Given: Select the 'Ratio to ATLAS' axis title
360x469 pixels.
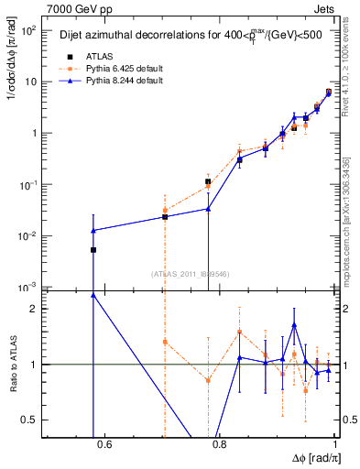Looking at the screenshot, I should point(12,364).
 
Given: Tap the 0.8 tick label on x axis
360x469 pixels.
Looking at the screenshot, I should point(219,446).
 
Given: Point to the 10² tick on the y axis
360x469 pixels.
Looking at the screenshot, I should point(29,30).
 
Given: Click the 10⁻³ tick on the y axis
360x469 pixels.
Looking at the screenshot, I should point(29,288).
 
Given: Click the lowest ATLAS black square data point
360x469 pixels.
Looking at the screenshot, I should point(93,249).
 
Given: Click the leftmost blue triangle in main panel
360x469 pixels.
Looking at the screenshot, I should point(93,230).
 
